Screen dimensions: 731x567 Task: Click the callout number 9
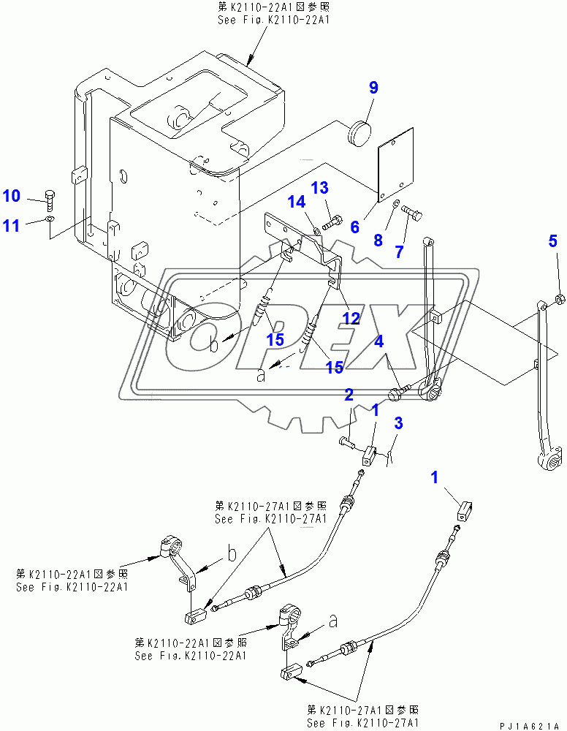point(373,88)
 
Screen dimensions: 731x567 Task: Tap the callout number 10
point(11,196)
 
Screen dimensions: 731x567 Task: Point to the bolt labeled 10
point(49,197)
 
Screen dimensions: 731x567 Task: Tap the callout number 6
point(354,227)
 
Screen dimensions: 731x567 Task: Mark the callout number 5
point(553,240)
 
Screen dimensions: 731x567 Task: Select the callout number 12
point(352,319)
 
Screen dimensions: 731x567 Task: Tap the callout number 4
point(379,341)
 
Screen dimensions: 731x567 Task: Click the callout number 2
point(349,395)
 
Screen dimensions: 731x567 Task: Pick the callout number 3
point(398,423)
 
